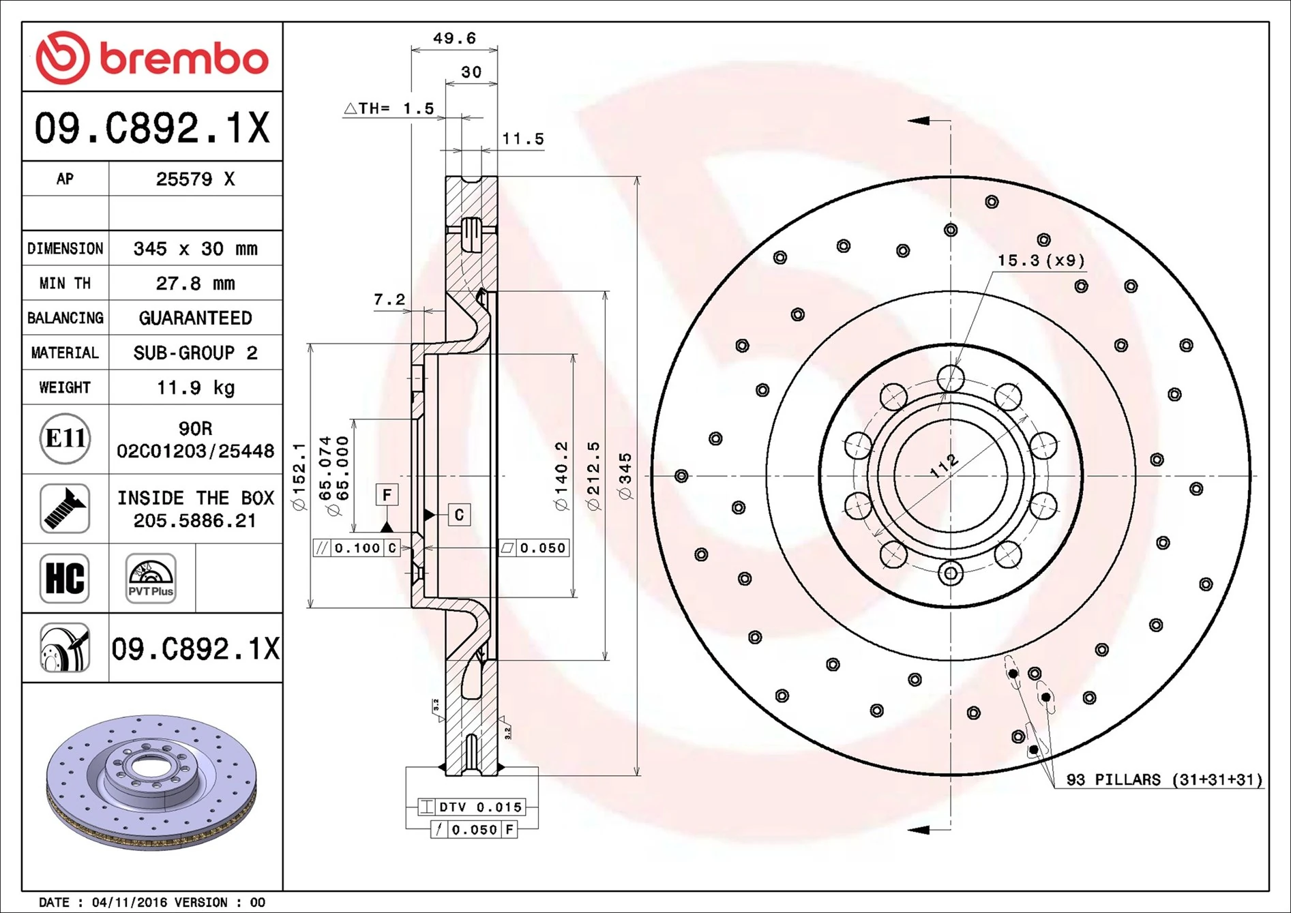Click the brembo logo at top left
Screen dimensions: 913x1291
151,57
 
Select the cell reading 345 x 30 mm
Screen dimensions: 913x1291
195,249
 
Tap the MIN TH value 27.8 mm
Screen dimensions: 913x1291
195,284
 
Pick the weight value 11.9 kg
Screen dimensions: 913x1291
195,388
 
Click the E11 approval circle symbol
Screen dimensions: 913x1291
65,438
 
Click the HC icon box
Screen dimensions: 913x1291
65,578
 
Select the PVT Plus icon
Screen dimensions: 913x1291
151,578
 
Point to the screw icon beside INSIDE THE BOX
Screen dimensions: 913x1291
65,509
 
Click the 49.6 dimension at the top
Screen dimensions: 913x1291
454,39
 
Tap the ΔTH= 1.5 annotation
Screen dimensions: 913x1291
389,108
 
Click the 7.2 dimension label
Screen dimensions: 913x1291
389,299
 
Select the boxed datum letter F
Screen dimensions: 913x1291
387,495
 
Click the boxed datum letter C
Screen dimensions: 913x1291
459,515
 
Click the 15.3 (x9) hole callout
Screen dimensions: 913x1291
1041,260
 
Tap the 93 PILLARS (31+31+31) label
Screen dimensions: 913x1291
1163,779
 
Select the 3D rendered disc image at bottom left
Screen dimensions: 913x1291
151,782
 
